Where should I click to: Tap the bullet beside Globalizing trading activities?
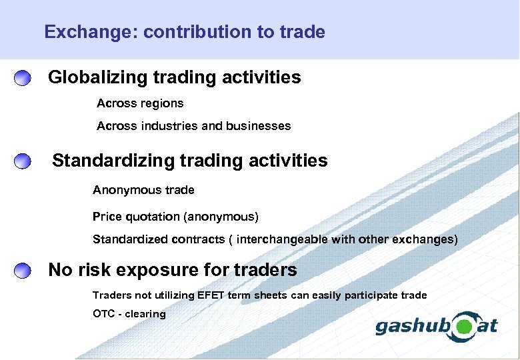coord(23,78)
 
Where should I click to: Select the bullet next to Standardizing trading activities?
coord(23,161)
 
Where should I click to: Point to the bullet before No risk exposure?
coord(23,271)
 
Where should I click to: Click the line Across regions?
coord(140,104)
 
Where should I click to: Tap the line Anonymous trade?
coord(143,191)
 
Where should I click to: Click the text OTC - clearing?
coord(129,314)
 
